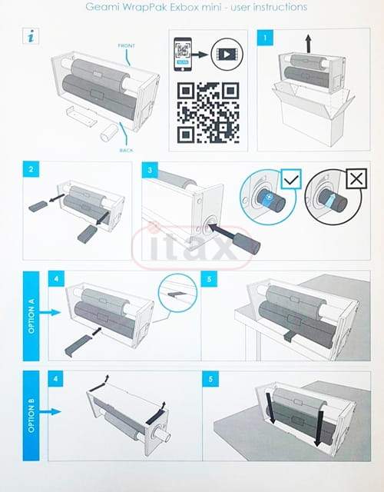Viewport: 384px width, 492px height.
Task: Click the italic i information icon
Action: click(31, 36)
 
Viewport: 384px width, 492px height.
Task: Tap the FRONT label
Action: click(126, 46)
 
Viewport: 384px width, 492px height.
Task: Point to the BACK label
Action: click(126, 151)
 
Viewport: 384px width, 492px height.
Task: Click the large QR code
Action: click(208, 113)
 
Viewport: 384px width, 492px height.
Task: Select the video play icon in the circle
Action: click(227, 55)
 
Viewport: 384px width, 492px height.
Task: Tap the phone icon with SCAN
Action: click(183, 55)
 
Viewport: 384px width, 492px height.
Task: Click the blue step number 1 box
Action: click(265, 38)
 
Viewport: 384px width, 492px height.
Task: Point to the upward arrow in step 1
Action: click(309, 44)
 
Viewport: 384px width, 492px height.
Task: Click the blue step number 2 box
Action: click(31, 169)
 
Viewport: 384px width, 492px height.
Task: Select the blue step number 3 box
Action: click(150, 170)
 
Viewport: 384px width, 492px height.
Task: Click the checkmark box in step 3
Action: click(291, 179)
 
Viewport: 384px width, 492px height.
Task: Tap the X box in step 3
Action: click(356, 179)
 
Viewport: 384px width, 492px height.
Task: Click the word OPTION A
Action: click(31, 316)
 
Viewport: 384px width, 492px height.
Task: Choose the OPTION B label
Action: click(31, 415)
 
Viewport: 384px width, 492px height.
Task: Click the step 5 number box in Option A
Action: click(210, 278)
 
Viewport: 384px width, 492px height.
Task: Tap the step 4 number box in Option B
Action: click(55, 379)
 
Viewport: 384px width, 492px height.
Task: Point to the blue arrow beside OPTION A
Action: click(50, 312)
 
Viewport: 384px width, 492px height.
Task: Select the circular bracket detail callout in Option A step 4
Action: click(177, 293)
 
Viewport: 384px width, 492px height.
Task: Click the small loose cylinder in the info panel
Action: click(108, 133)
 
